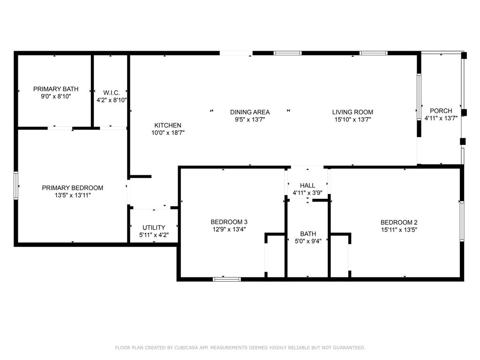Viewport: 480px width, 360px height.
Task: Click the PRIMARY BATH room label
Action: click(55, 89)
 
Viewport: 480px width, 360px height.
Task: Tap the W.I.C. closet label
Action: click(111, 92)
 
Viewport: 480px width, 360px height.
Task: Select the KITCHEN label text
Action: click(168, 125)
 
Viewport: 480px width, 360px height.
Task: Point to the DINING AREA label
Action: click(249, 112)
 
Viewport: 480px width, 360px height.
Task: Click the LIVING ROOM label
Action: click(352, 112)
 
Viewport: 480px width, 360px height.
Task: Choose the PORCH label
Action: click(441, 111)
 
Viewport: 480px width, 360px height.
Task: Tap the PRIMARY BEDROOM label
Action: click(72, 188)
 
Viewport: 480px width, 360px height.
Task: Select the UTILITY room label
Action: click(154, 228)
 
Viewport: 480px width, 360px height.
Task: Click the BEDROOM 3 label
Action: click(229, 222)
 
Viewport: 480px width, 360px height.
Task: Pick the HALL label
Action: click(307, 186)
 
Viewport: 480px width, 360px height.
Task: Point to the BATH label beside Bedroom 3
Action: click(308, 234)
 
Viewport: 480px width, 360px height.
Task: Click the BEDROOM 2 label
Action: click(398, 223)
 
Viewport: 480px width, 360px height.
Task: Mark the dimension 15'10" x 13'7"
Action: click(352, 120)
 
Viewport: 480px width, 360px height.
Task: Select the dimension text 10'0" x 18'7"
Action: click(168, 133)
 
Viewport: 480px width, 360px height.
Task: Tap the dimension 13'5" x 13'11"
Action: click(72, 195)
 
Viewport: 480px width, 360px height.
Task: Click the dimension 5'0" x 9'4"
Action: click(308, 241)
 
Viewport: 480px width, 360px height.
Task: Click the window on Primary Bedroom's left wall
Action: click(16, 186)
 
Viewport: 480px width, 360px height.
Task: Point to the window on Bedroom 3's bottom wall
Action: click(227, 279)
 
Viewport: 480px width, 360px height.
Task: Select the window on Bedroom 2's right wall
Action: click(462, 221)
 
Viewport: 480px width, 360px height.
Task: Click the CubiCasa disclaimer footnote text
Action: click(240, 347)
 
